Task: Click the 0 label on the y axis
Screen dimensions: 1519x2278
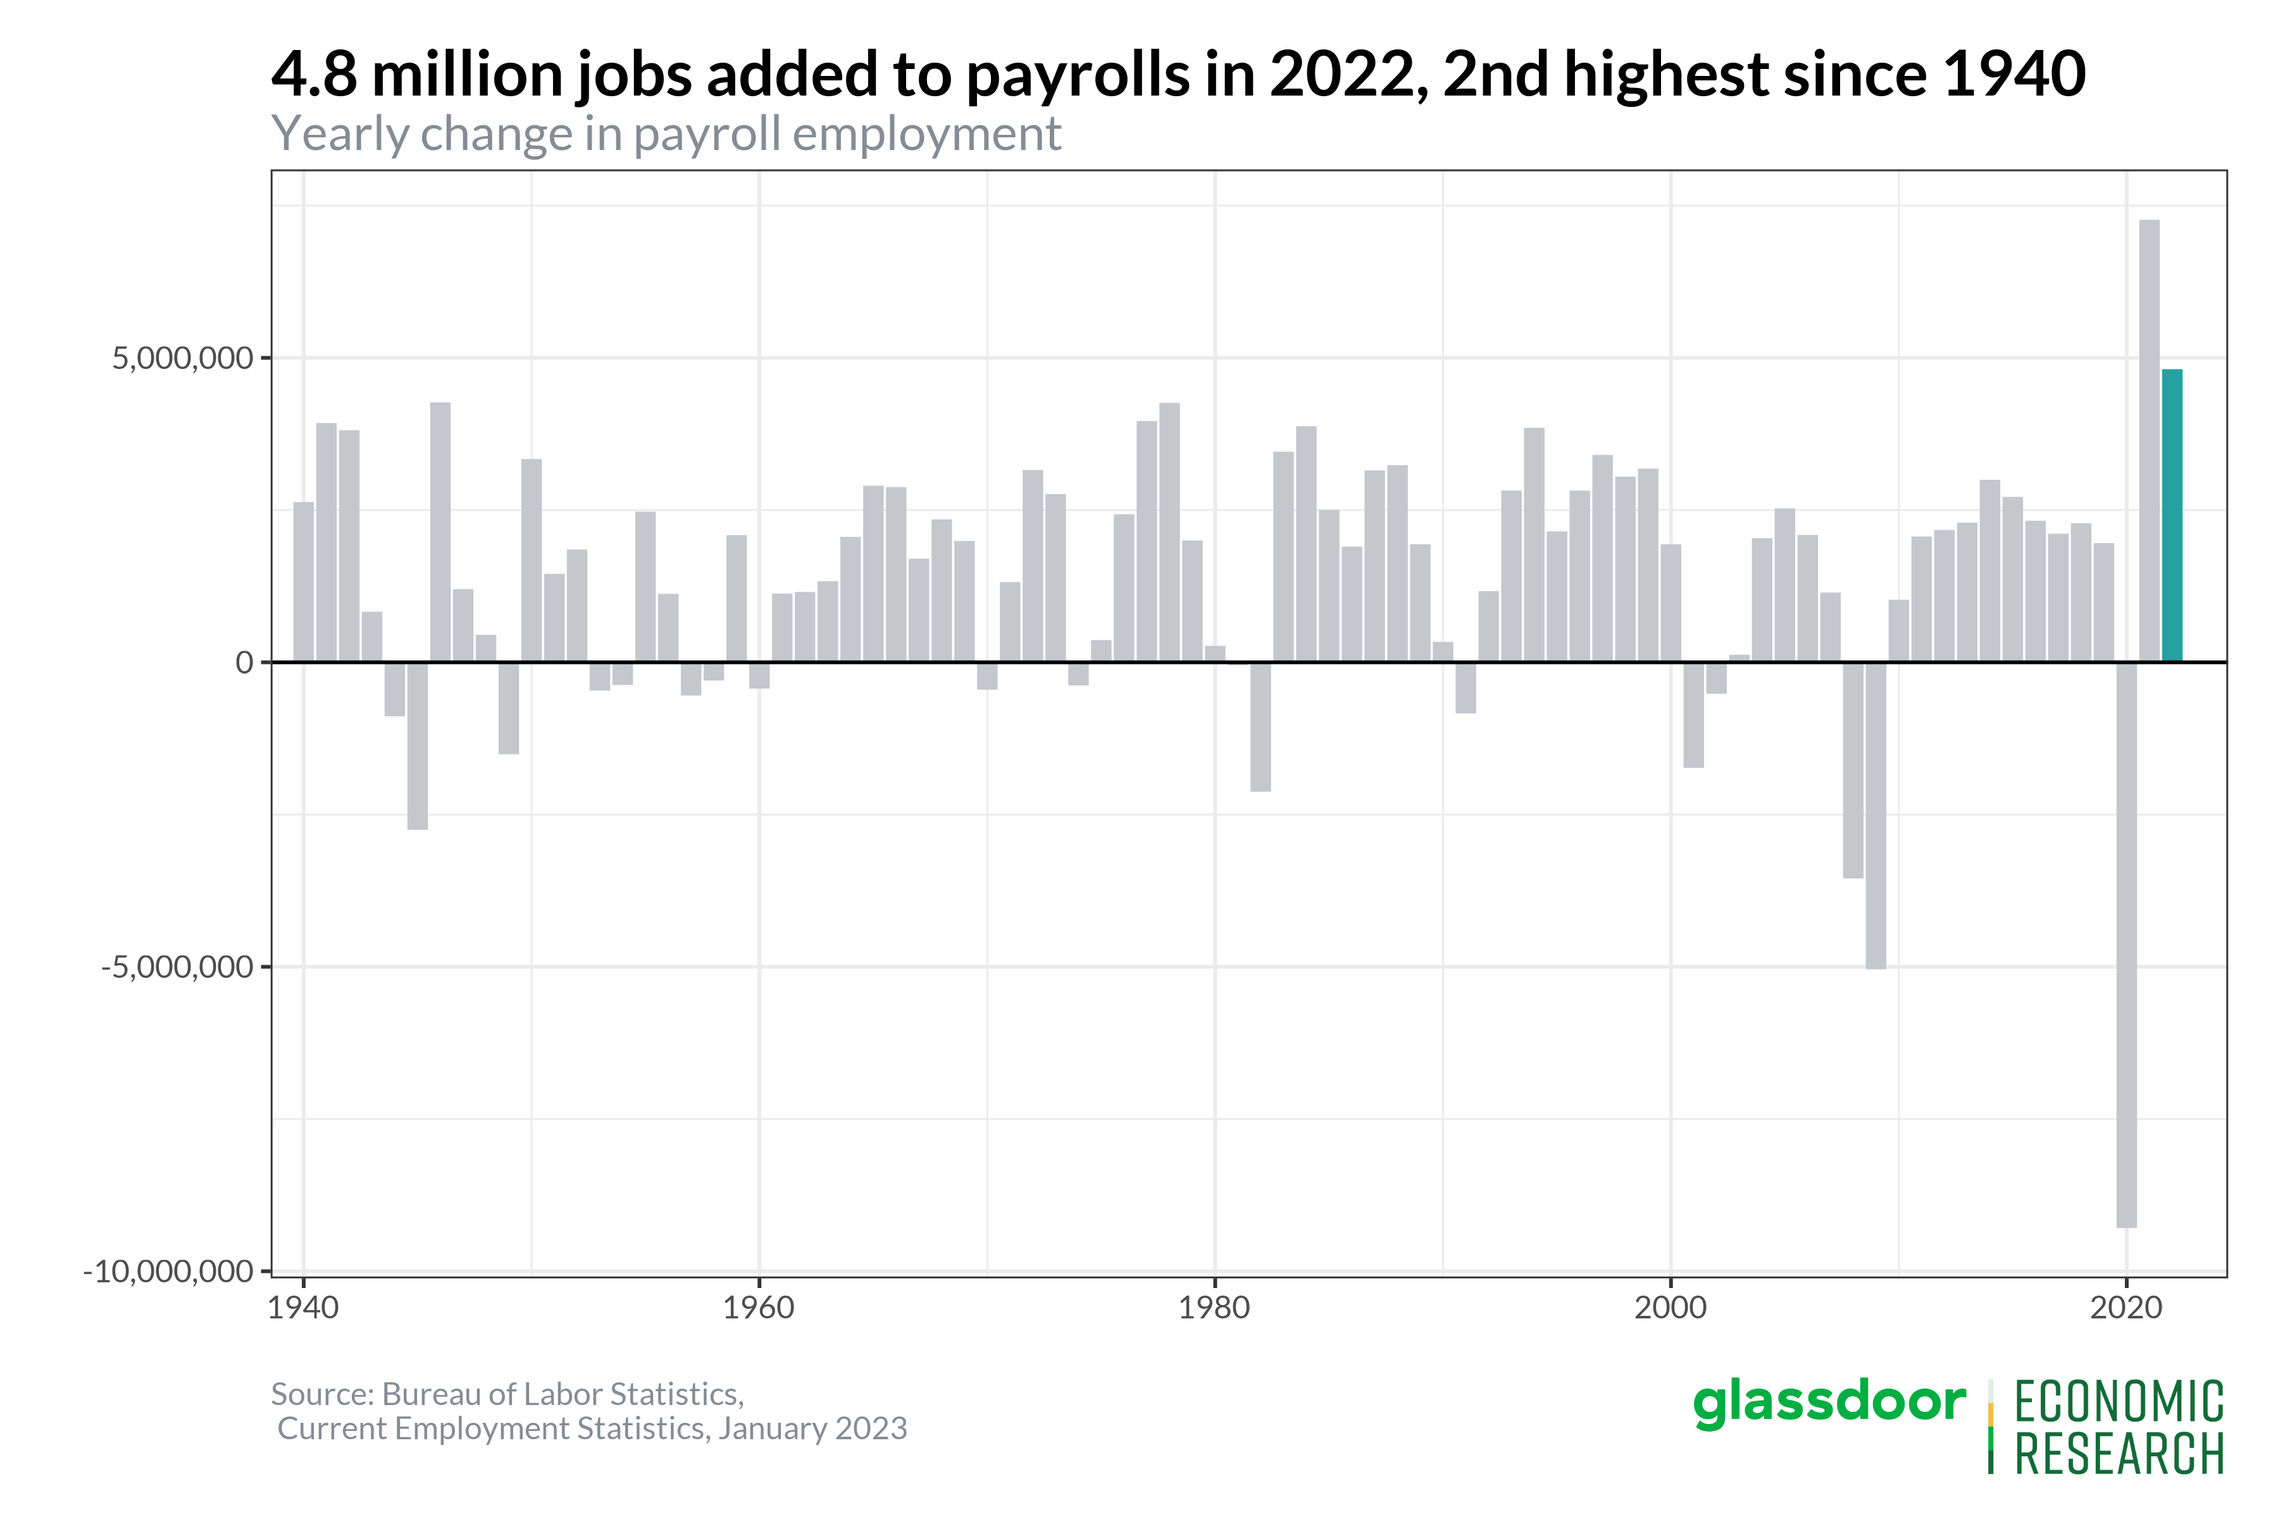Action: click(244, 663)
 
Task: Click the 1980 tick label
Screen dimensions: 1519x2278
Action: click(1214, 1308)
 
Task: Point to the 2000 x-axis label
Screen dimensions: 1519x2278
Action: click(1671, 1308)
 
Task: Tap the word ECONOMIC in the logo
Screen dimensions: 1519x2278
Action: click(2119, 1403)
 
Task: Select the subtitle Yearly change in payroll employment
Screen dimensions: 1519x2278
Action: click(666, 134)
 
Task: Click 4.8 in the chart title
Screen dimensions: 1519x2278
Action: click(314, 75)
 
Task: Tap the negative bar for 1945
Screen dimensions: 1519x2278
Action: click(418, 746)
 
